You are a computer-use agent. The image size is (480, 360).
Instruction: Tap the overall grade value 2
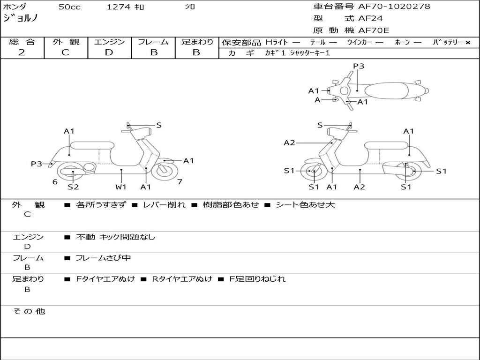(x=22, y=52)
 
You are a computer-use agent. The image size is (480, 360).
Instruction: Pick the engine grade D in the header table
(x=109, y=52)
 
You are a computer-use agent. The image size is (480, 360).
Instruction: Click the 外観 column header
(x=66, y=42)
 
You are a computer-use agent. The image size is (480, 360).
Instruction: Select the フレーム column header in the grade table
(x=153, y=42)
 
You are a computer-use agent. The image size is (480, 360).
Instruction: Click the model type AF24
(x=370, y=19)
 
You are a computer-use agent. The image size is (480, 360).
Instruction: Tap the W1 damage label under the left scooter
(x=121, y=187)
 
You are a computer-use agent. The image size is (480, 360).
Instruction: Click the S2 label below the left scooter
(x=73, y=187)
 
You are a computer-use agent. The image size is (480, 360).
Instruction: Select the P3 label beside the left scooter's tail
(x=37, y=164)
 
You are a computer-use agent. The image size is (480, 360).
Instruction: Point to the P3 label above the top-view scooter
(x=359, y=66)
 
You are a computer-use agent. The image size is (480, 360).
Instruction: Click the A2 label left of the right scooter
(x=290, y=143)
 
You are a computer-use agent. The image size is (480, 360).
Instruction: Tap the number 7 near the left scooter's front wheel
(x=180, y=182)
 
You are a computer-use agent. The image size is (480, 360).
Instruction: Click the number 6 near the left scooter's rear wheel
(x=55, y=182)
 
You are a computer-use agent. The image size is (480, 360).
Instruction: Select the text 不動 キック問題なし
(x=115, y=237)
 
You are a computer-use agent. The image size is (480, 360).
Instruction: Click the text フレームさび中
(x=103, y=258)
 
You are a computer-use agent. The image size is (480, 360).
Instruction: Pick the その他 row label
(x=29, y=311)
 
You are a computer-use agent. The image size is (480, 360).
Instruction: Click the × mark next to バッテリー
(x=468, y=42)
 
